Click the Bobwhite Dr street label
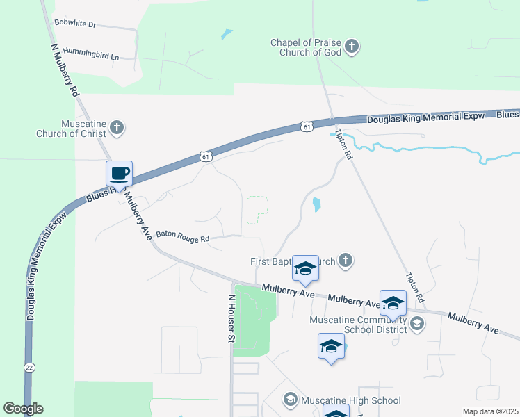pos(74,24)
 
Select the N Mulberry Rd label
pos(65,69)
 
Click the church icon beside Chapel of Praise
pos(352,47)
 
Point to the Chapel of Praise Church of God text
pos(306,47)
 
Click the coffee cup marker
pos(119,173)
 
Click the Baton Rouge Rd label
pos(183,237)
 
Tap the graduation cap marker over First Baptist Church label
pos(304,269)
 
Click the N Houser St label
pos(231,318)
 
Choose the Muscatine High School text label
pos(350,400)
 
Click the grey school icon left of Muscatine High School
pos(291,400)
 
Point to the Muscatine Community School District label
pos(359,325)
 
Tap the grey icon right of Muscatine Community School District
pos(416,322)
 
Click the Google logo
pos(23,409)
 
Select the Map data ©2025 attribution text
pos(490,411)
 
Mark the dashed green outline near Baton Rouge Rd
pos(257,210)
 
